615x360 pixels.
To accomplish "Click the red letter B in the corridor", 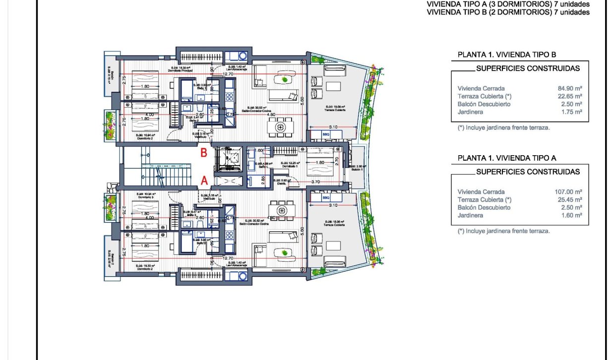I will pos(203,153).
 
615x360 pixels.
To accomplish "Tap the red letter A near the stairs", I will pos(203,181).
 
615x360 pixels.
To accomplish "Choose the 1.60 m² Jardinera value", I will pos(572,215).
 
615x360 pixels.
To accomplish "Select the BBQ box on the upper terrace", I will pos(326,134).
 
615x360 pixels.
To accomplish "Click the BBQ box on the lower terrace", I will pos(326,198).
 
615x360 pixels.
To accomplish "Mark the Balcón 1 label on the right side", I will pos(358,169).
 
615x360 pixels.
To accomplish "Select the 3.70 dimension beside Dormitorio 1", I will pos(315,182).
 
